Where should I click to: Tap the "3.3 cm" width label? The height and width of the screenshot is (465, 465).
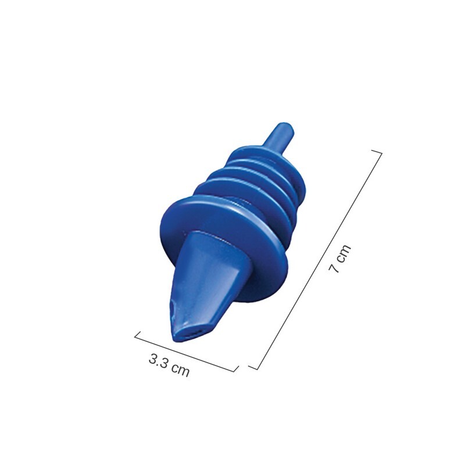169,365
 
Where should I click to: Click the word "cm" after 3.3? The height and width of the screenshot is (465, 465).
181,370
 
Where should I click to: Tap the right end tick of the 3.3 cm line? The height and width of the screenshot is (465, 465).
236,369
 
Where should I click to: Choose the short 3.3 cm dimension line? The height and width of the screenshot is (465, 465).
186,351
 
